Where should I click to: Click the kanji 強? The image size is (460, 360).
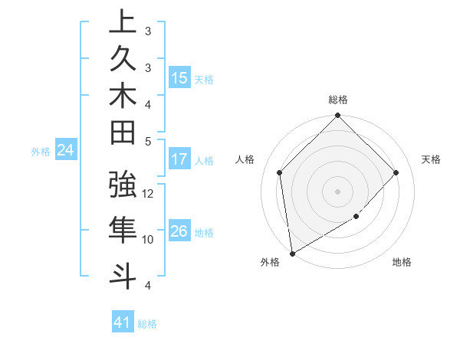coord(123,186)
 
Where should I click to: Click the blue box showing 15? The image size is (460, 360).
coord(179,78)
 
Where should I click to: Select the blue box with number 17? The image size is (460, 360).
coord(179,160)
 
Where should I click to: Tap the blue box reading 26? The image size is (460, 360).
coord(179,232)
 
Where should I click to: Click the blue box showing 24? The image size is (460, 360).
coord(66,151)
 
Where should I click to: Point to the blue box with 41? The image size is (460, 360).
coord(123,323)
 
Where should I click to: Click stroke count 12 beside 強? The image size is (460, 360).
coord(149,194)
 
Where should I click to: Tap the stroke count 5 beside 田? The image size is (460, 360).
coord(148,141)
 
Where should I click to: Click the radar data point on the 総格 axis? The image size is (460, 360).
coord(338,116)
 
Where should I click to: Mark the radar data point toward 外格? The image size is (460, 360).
coord(292,254)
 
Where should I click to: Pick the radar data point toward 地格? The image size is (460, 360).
coord(356,217)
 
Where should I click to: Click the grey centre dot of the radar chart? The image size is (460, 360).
coord(338,191)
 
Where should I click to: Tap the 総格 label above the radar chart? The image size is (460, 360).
coord(338,100)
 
